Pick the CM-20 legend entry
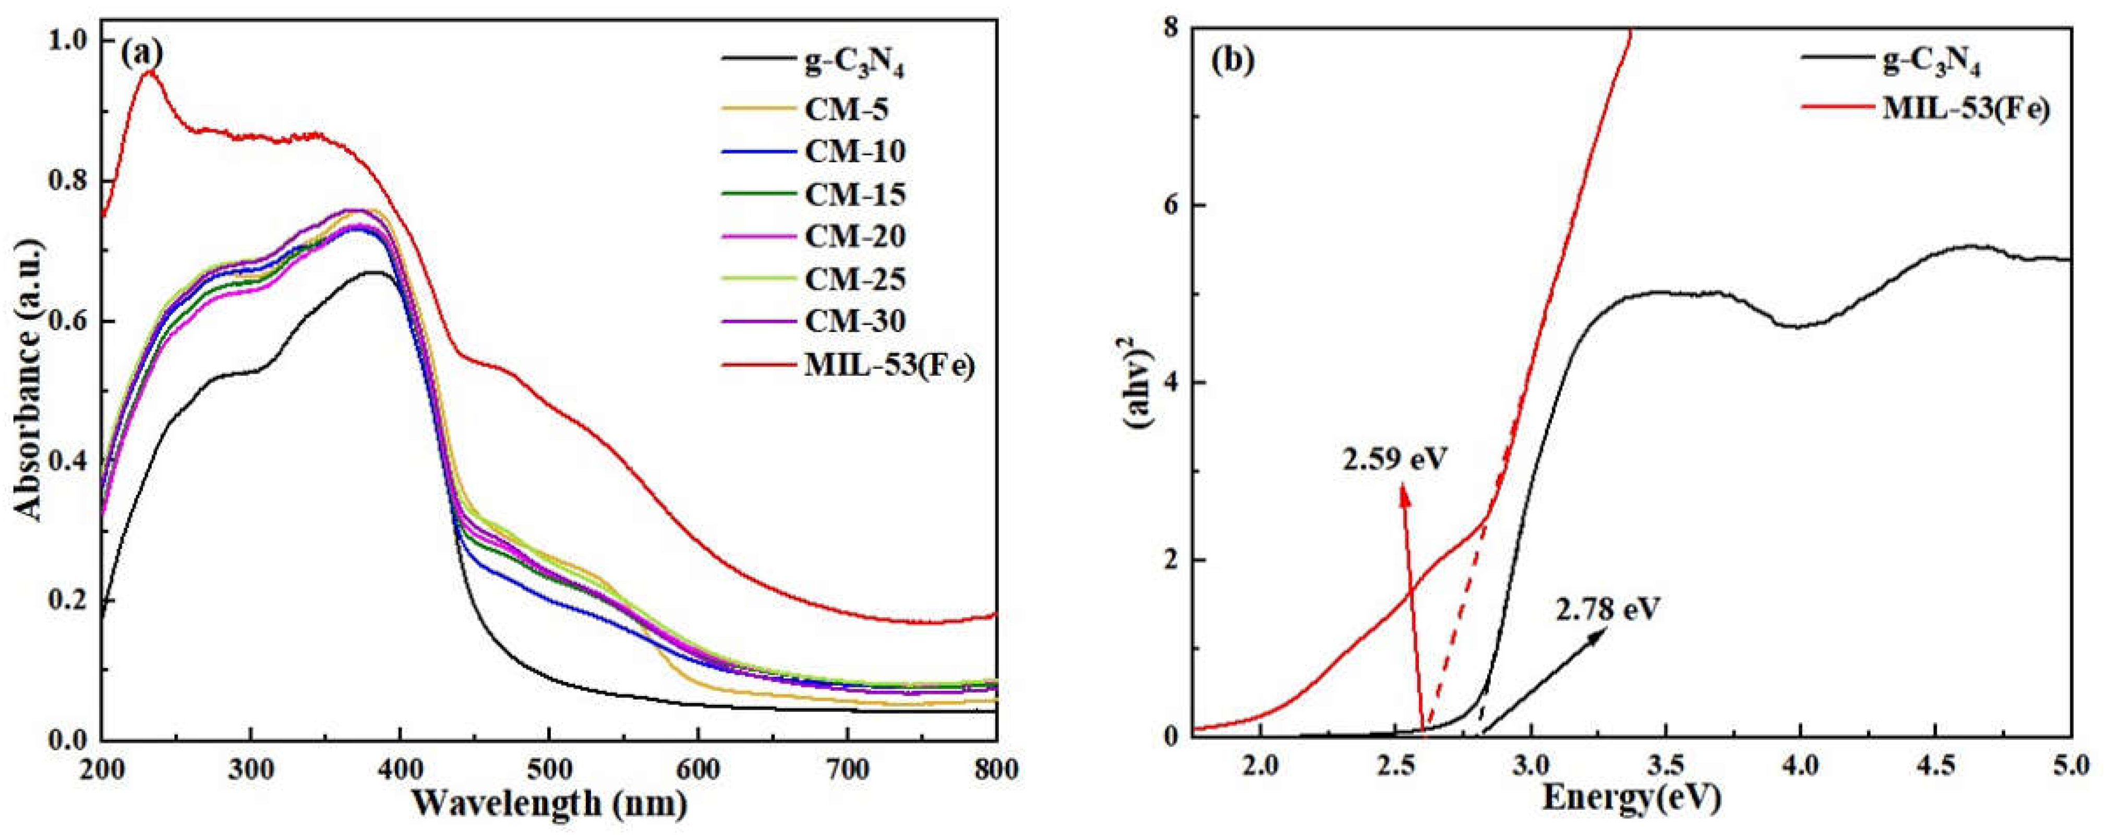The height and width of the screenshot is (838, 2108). pyautogui.click(x=854, y=236)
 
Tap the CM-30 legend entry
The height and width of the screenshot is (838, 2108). pyautogui.click(x=854, y=321)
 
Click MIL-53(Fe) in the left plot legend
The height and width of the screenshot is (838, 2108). pyautogui.click(x=889, y=365)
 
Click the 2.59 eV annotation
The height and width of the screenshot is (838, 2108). pyautogui.click(x=1394, y=458)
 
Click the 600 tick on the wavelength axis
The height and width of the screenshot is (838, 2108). pyautogui.click(x=698, y=771)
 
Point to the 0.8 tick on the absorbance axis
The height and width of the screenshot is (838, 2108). pyautogui.click(x=69, y=181)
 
